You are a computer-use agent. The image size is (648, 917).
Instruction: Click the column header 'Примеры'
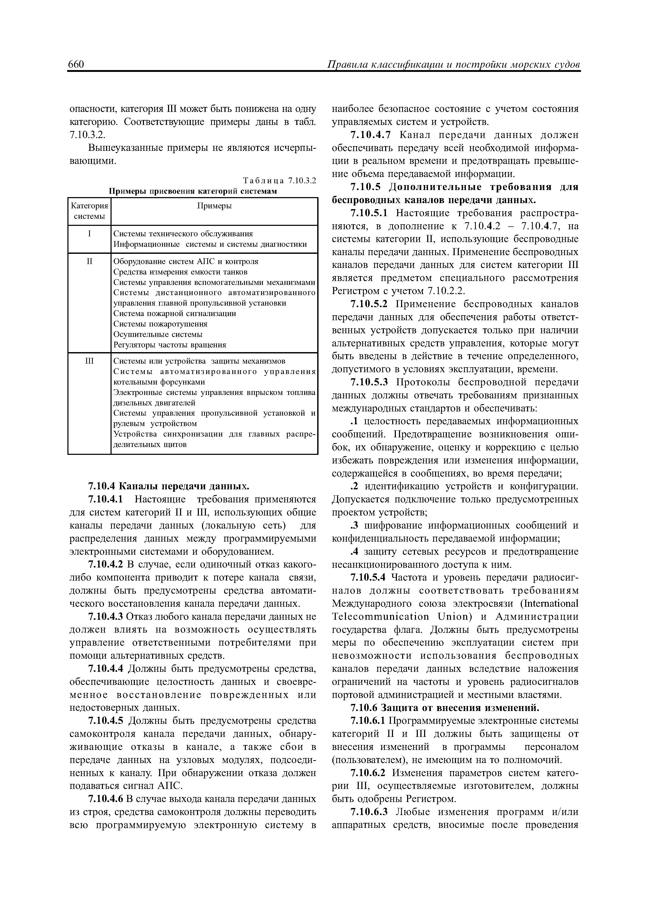pos(215,206)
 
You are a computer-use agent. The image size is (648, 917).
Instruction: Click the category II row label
pos(89,262)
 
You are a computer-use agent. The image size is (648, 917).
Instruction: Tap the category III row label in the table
pos(89,361)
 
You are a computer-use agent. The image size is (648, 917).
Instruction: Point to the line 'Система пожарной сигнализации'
pos(175,313)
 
